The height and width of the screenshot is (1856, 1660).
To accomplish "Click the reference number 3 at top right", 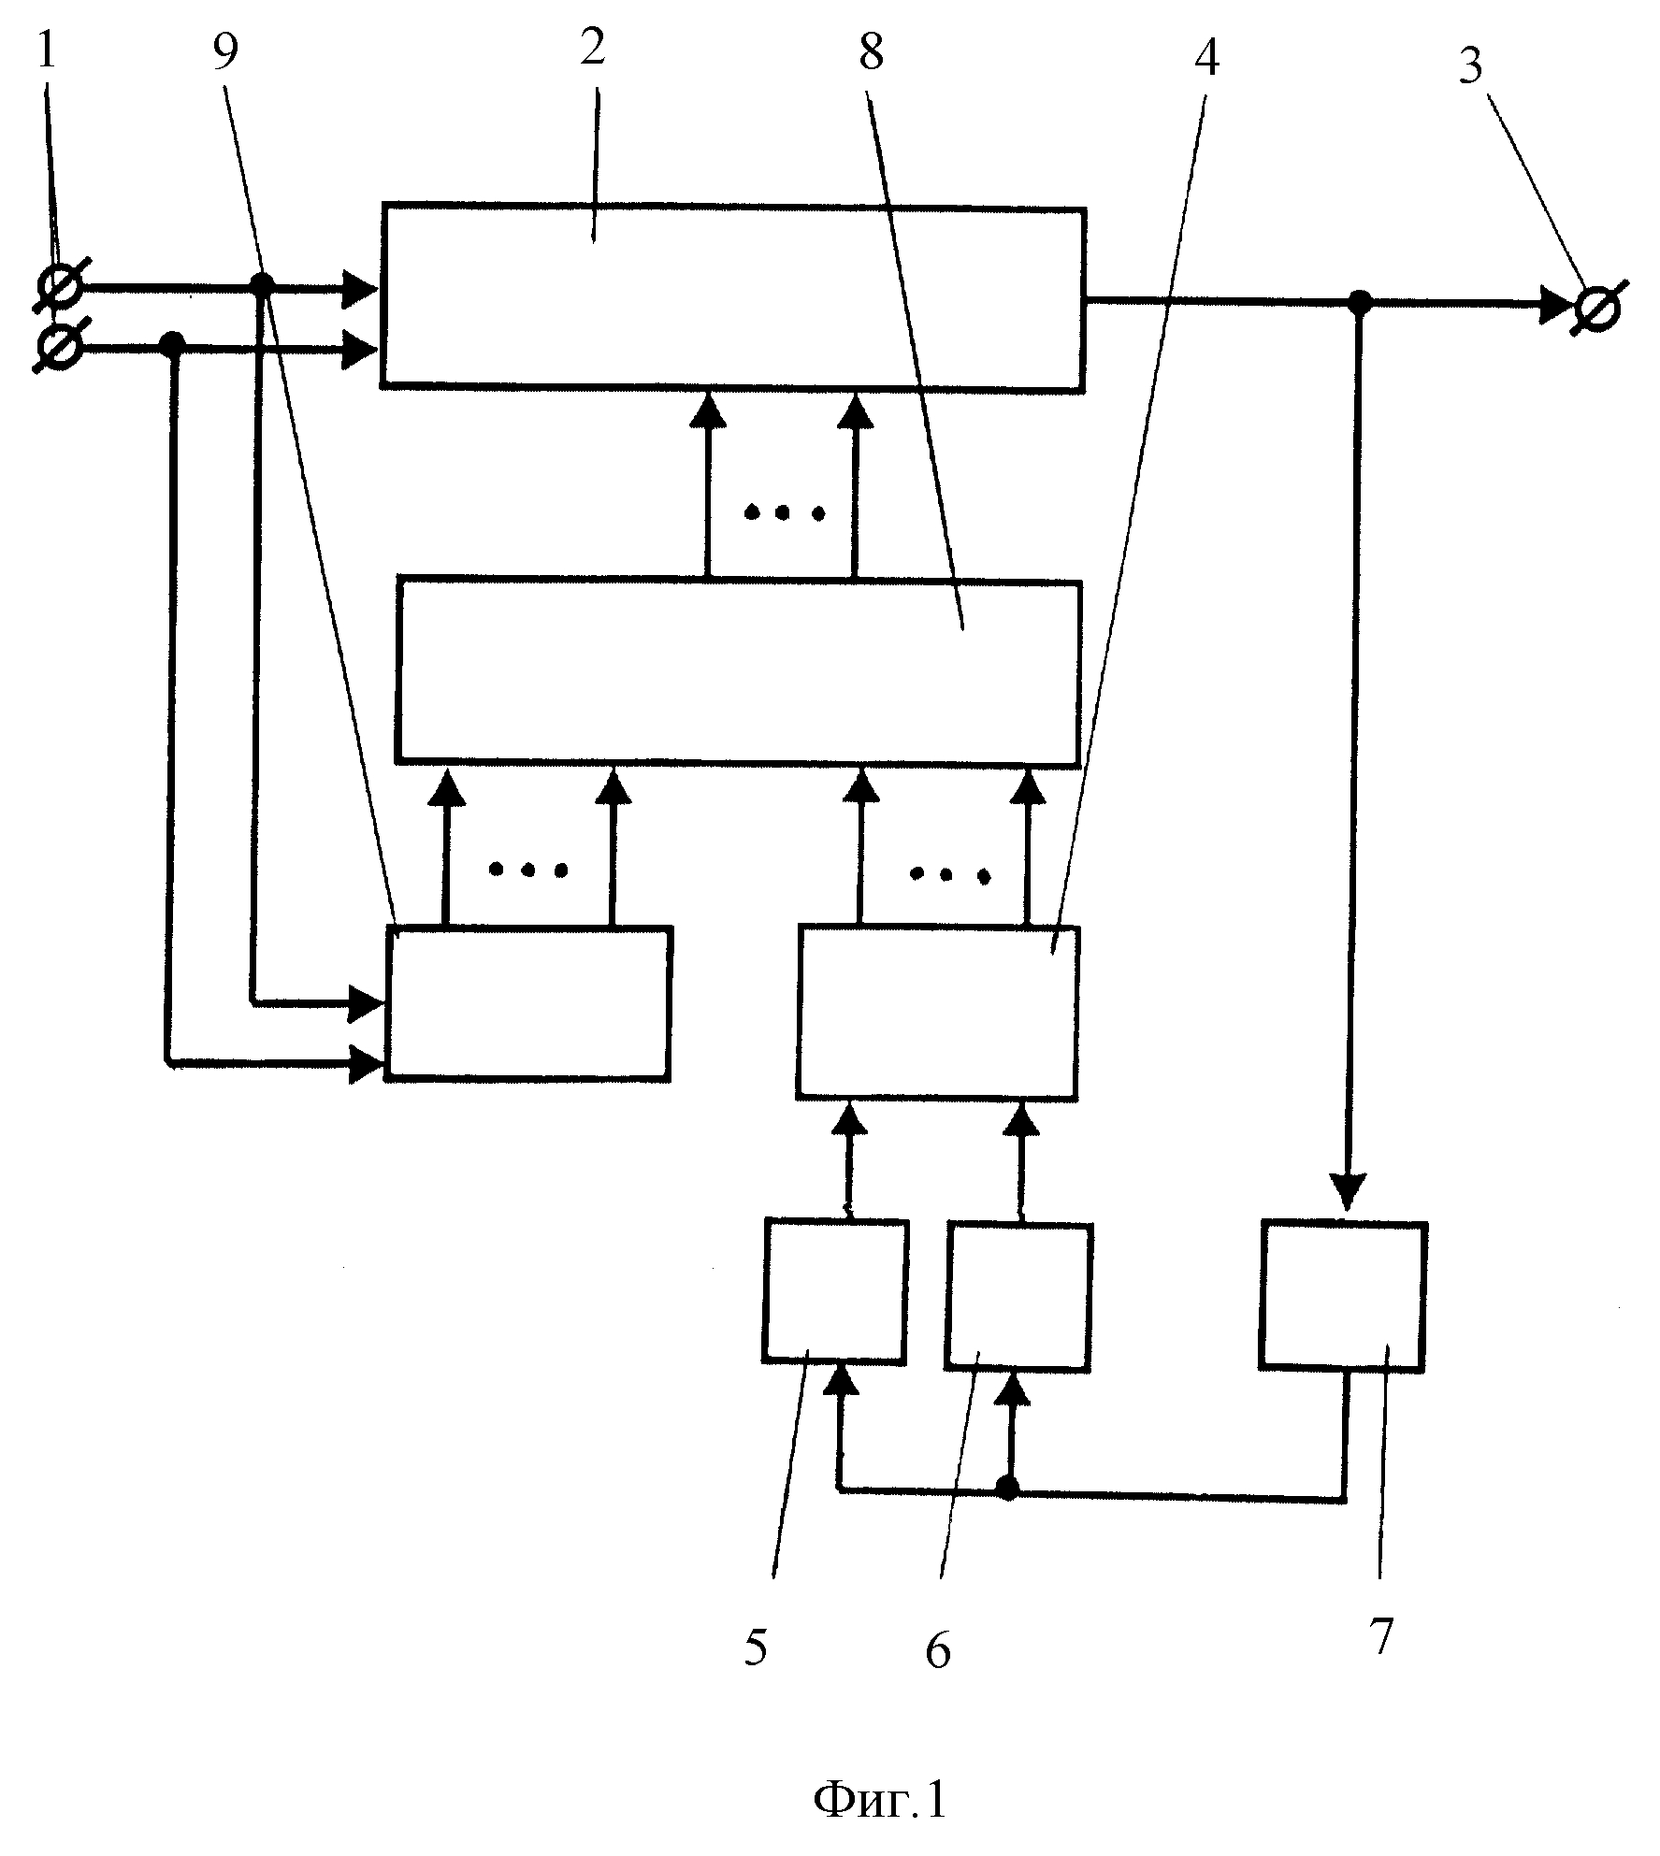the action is coord(1471,66).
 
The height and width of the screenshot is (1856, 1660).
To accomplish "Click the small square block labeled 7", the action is coord(1343,1295).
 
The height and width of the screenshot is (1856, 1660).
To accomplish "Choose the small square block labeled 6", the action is coord(1018,1297).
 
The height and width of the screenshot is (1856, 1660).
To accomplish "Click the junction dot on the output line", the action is coord(1359,302).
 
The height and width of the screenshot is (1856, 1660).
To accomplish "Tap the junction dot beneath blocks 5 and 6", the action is coord(1007,1488).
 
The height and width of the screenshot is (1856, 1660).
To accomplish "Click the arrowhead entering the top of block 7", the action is coord(1346,1195).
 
